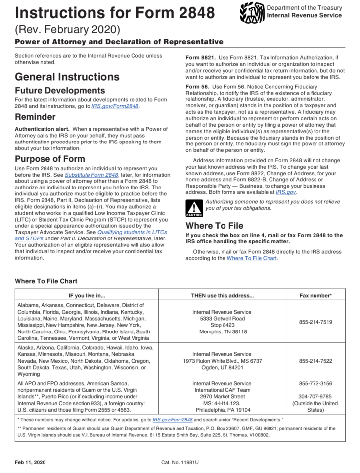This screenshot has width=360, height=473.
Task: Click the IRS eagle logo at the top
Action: coord(252,12)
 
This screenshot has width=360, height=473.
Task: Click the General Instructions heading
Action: coord(67,77)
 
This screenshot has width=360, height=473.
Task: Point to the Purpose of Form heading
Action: coord(49,159)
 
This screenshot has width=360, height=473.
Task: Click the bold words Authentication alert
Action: coord(42,129)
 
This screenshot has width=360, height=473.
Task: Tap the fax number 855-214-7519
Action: coord(315,322)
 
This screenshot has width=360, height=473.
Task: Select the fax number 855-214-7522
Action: coord(315,361)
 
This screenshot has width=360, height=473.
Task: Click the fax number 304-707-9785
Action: coord(315,396)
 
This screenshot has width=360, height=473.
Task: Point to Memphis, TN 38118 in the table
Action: coord(222,331)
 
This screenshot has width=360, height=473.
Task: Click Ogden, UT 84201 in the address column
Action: coord(222,368)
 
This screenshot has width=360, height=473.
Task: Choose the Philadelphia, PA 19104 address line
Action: coord(222,410)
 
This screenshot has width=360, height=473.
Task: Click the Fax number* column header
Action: coord(315,295)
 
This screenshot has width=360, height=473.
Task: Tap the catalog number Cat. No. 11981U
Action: coord(180,462)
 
